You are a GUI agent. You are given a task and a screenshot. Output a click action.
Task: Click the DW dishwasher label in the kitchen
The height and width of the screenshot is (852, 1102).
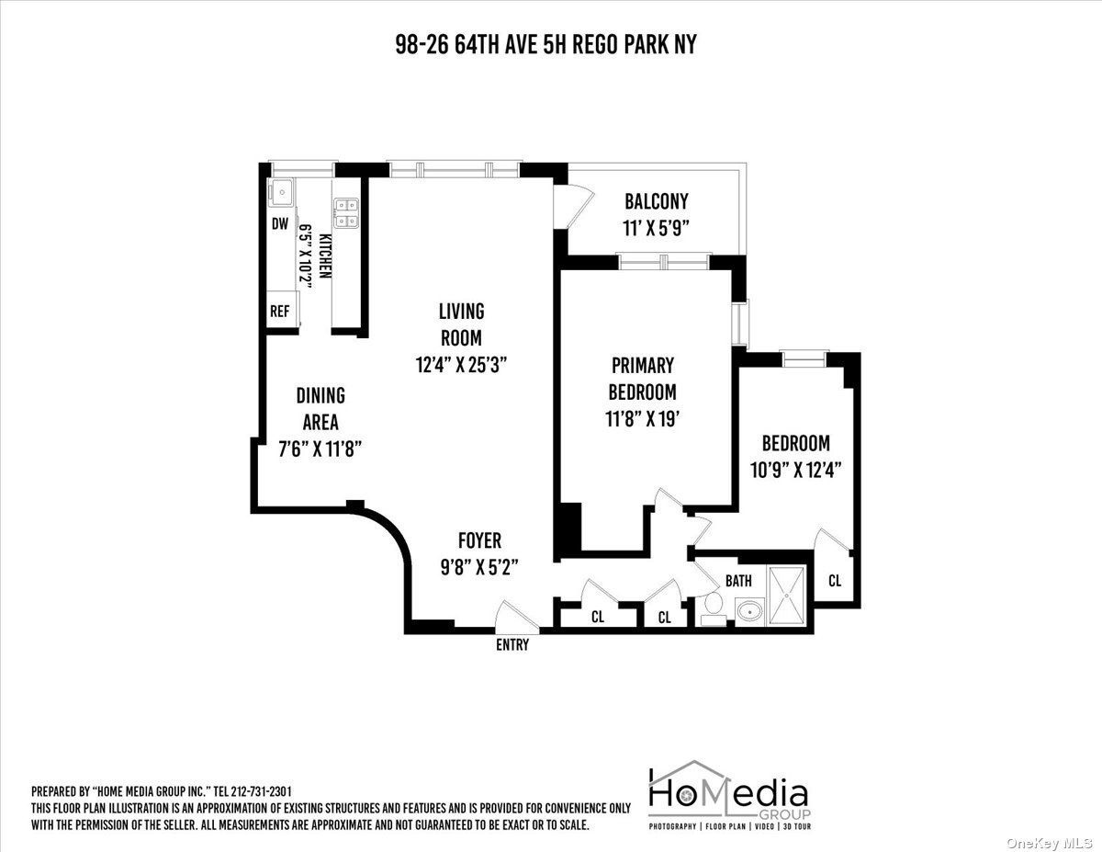coord(280,223)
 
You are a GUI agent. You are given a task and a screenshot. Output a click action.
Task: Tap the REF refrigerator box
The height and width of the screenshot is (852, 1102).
coord(283,309)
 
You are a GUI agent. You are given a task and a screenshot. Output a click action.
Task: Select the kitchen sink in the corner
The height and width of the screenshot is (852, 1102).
coord(280,192)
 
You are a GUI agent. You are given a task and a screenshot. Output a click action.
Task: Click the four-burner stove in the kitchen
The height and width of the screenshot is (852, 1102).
coord(346,212)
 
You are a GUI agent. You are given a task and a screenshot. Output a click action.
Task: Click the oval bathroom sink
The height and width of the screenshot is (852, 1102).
coord(750,611)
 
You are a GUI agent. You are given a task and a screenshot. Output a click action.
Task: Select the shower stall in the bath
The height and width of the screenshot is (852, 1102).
coord(787,596)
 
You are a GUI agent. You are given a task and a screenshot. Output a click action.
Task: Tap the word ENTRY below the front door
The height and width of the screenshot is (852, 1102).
coord(512,645)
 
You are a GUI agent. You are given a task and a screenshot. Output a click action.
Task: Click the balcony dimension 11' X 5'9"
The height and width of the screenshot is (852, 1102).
coord(657,228)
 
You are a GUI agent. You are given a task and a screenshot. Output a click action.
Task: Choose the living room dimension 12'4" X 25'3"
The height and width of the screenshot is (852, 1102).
coord(462,365)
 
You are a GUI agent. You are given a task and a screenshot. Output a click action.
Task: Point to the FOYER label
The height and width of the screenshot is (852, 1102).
coord(479,540)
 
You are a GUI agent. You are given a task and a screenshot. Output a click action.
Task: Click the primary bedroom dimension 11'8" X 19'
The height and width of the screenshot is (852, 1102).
coord(643,419)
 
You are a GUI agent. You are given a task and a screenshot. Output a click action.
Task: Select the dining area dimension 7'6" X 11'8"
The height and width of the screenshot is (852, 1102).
coord(320,449)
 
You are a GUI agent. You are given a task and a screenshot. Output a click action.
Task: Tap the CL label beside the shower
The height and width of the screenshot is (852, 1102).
coord(835,581)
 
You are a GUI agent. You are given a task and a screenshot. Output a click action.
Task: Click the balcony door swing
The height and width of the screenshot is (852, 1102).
coord(574,208)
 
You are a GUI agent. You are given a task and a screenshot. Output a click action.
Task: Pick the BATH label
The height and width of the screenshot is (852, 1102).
coord(738,581)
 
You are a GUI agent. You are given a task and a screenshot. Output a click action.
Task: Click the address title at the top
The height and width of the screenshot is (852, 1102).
coord(545,45)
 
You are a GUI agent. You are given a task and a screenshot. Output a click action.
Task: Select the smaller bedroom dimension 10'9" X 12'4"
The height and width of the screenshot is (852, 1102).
coord(796,471)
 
